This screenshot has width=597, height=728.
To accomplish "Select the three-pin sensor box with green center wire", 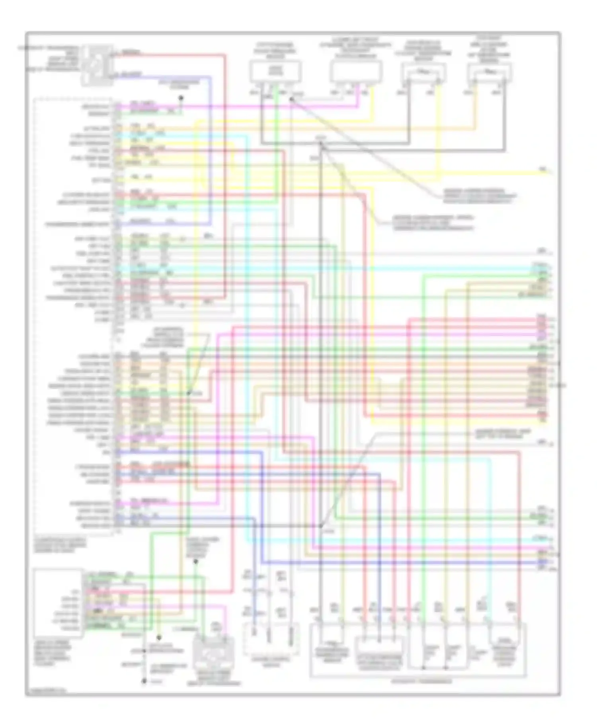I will [275, 72].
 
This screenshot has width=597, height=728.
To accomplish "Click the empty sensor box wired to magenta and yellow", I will [356, 72].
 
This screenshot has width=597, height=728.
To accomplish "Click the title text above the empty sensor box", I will [355, 48].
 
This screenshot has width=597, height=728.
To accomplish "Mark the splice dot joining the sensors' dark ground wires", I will [322, 148].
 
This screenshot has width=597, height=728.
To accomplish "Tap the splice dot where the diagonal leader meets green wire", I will [189, 393].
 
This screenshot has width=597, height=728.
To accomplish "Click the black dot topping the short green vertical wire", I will [195, 562].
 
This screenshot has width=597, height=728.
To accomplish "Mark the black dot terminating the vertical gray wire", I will [144, 681].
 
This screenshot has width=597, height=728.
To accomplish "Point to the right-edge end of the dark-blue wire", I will [549, 562].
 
